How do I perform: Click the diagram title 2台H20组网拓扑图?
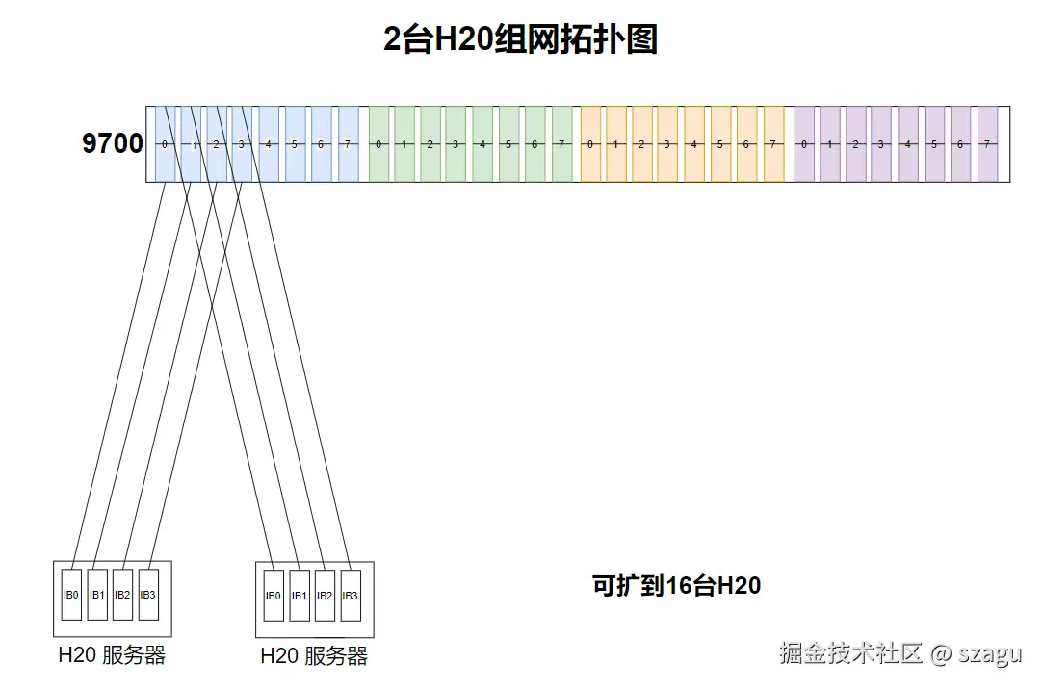(520, 40)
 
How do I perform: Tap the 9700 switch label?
(112, 144)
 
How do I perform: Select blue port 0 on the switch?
(165, 144)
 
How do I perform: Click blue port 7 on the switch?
(348, 144)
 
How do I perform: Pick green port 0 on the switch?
(378, 144)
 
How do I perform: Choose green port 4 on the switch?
(482, 144)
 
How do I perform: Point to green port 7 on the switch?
(561, 144)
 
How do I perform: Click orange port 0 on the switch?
(590, 144)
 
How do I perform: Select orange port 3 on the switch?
(667, 144)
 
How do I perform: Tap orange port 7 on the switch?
(772, 144)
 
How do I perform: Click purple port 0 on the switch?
(803, 144)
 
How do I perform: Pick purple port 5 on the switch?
(933, 144)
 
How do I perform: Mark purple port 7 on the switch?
(986, 144)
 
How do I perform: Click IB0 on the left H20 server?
(71, 595)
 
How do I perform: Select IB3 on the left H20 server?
(147, 595)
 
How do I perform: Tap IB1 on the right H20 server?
(300, 596)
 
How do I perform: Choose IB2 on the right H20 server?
(325, 596)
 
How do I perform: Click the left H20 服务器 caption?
(112, 656)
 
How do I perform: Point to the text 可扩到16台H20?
(676, 585)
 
